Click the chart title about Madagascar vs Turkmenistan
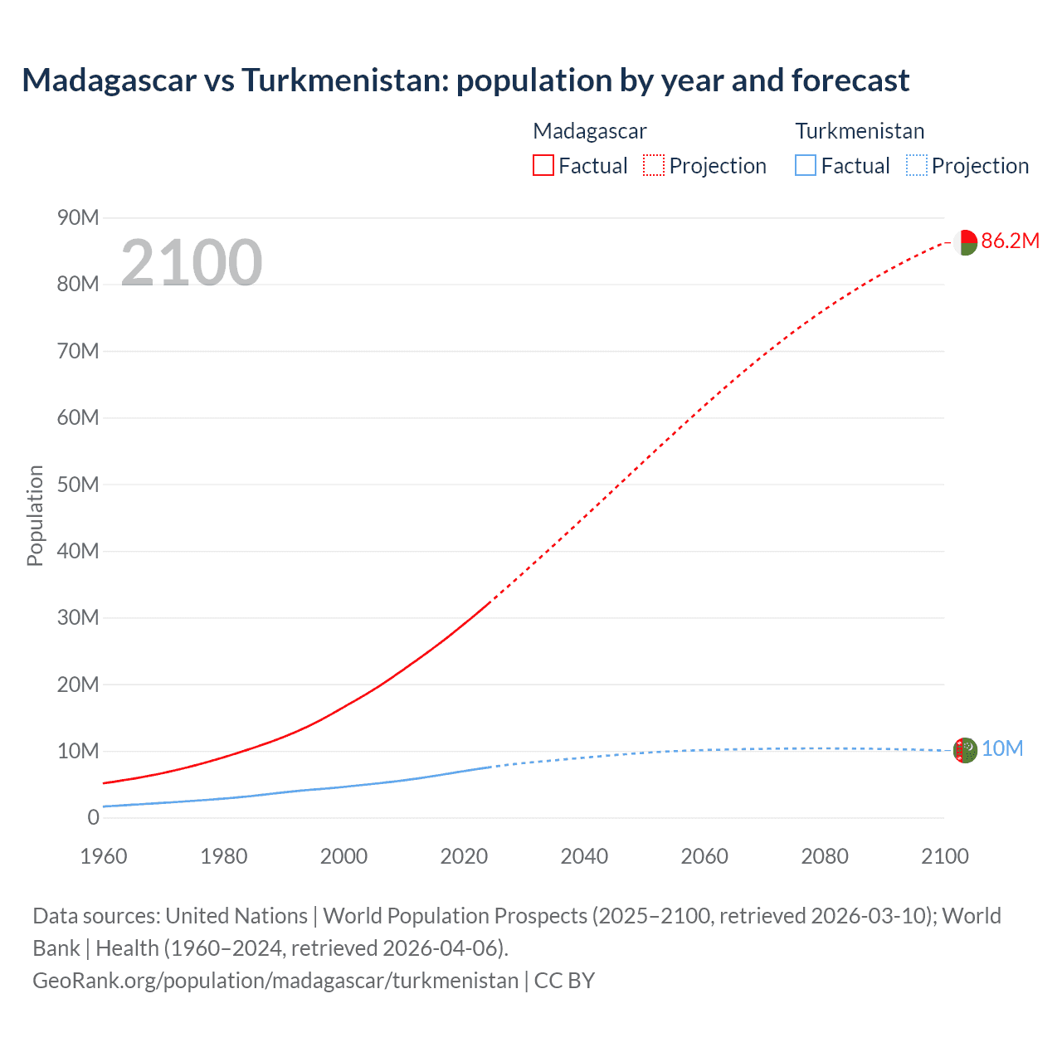click(x=465, y=80)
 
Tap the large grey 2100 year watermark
click(x=192, y=263)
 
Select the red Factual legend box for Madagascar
click(x=543, y=165)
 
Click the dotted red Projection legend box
click(x=654, y=165)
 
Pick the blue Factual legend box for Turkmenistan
click(x=805, y=165)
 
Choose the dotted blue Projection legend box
click(x=916, y=165)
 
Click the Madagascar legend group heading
click(x=589, y=131)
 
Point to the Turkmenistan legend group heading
click(x=860, y=131)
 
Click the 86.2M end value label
click(x=1010, y=241)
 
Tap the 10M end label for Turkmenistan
click(x=1002, y=749)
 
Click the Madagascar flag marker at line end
click(x=965, y=242)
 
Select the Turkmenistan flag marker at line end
click(x=965, y=750)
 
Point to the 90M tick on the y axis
click(x=78, y=218)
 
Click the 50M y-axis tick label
click(x=78, y=485)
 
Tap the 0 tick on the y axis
click(x=93, y=817)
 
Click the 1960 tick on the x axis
click(x=104, y=856)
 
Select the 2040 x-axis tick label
click(x=584, y=856)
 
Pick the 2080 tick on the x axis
click(x=825, y=856)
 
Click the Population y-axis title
click(x=35, y=515)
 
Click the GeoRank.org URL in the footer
click(x=275, y=981)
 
